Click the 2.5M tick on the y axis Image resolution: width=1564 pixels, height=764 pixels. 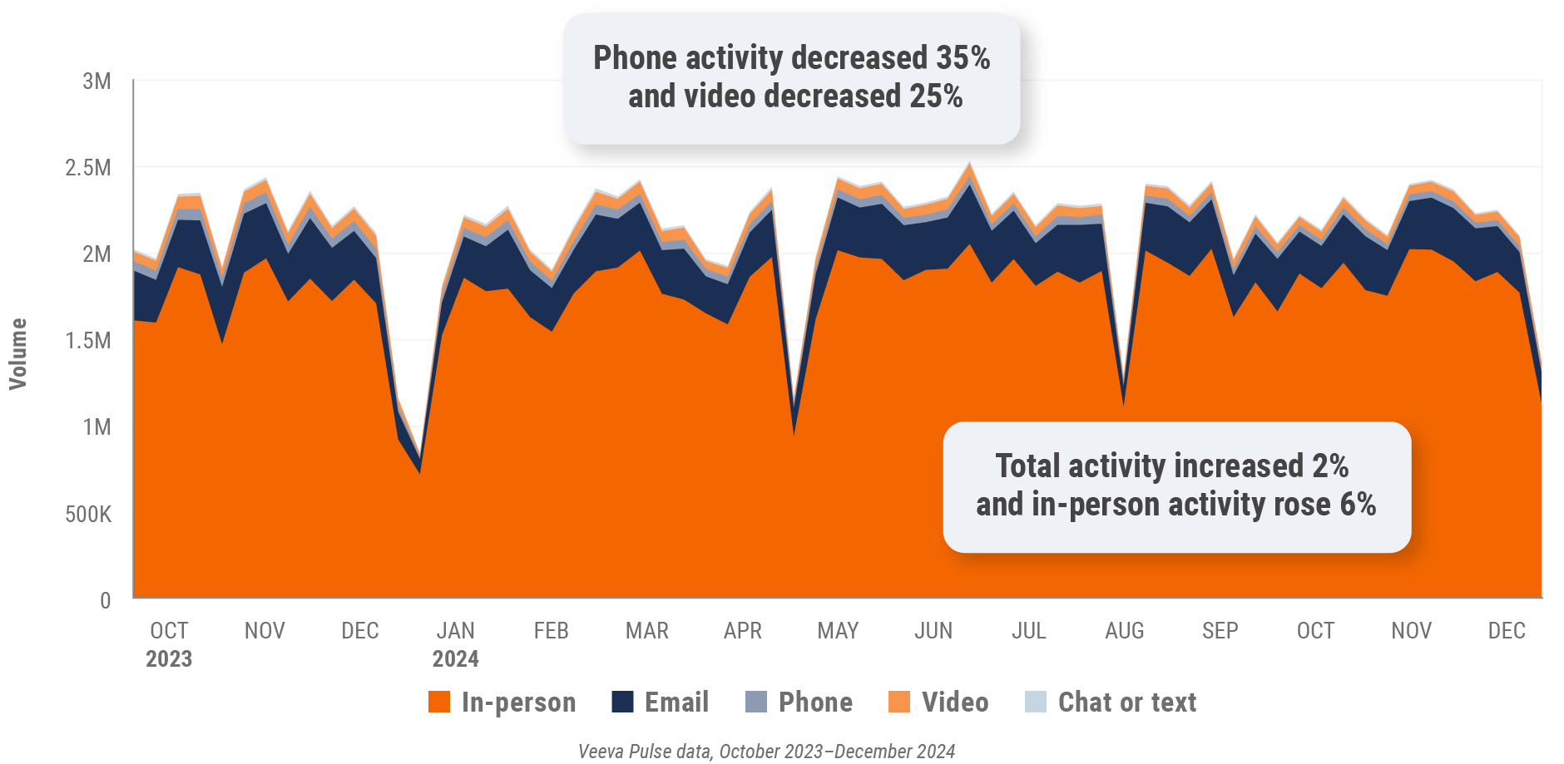[x=88, y=168]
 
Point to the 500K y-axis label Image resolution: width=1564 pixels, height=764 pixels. [x=88, y=514]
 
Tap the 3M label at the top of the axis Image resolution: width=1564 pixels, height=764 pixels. [x=97, y=81]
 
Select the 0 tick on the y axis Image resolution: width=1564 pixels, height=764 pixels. [x=105, y=600]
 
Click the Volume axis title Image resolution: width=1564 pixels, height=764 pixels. [x=18, y=353]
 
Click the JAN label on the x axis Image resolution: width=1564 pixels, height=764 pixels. [x=455, y=631]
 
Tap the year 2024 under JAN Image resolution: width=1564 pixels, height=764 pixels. [x=455, y=659]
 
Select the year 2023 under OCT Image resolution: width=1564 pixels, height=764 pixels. [x=169, y=659]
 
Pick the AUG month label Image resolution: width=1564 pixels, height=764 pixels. [x=1124, y=631]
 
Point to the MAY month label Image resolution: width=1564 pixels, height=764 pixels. [x=838, y=631]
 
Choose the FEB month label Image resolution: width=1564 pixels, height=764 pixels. [x=551, y=631]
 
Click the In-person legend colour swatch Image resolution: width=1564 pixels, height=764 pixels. [x=439, y=702]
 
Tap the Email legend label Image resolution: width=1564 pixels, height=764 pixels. [x=676, y=702]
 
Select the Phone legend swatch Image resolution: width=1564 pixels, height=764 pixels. [x=756, y=702]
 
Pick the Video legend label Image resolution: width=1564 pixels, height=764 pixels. [x=955, y=702]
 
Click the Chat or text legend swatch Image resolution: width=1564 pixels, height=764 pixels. [x=1036, y=702]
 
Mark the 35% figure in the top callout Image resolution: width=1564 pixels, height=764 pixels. [x=963, y=58]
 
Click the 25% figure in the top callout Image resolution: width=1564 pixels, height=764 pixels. [x=936, y=96]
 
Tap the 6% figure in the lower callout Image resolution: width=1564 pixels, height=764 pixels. [x=1358, y=505]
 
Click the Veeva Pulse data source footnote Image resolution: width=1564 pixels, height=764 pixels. [x=766, y=752]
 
